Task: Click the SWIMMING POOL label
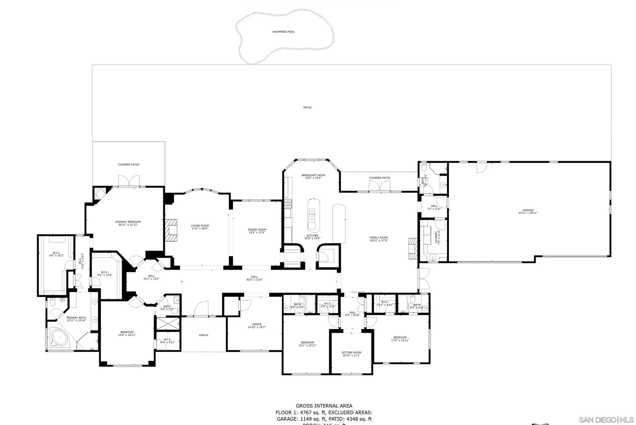283,32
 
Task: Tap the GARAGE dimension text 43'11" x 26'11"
528,213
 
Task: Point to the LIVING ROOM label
200,226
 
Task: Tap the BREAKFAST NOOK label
313,175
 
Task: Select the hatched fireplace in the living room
171,230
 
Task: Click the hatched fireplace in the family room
413,248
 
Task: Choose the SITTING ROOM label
351,353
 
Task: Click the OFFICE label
256,324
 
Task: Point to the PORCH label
203,335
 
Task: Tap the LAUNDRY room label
436,237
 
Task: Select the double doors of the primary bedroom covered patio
129,181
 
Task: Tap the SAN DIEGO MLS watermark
606,420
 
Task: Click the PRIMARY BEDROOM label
128,222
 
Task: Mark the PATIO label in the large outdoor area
307,108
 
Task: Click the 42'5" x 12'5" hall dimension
254,280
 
